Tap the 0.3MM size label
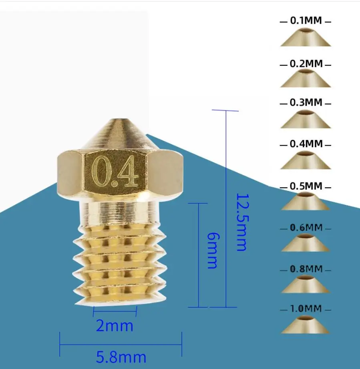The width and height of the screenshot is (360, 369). (x=306, y=103)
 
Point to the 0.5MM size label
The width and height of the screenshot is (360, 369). (x=306, y=187)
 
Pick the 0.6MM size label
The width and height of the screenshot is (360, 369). (x=306, y=228)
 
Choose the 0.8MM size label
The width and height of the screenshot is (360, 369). (x=306, y=269)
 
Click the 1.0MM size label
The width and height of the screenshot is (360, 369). (x=306, y=309)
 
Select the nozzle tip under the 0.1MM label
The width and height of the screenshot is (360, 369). (x=306, y=38)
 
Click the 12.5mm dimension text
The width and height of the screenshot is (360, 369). (x=241, y=223)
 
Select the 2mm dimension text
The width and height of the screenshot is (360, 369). (x=115, y=326)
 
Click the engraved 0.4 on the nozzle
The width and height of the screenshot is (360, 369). (x=115, y=173)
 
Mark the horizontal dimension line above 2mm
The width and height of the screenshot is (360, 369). (x=115, y=311)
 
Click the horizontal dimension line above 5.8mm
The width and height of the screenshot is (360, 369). (x=121, y=344)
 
